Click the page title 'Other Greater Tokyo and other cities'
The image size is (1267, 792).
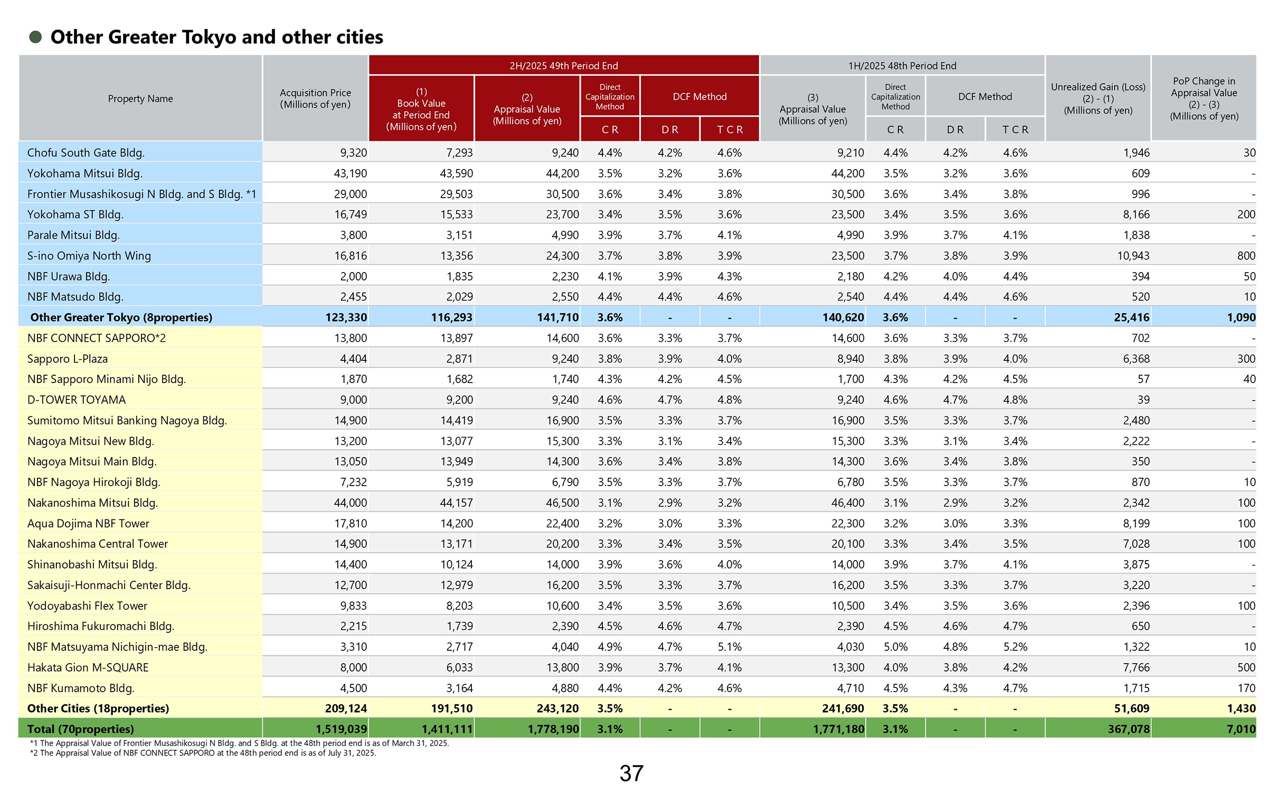tap(216, 37)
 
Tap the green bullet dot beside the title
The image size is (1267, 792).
tap(35, 37)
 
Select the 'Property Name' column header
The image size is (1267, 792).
tap(140, 99)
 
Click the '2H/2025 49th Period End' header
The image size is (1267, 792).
tap(563, 66)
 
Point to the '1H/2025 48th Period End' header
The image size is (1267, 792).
tap(902, 66)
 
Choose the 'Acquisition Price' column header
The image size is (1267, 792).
tap(315, 99)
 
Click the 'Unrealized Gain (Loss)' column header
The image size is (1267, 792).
tap(1098, 98)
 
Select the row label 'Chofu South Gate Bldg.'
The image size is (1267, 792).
tap(86, 153)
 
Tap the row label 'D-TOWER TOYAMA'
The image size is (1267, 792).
tap(77, 400)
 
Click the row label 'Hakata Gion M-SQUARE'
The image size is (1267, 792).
tap(88, 667)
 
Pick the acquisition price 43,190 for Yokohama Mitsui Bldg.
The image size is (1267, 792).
tap(350, 173)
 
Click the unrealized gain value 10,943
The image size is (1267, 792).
tap(1133, 256)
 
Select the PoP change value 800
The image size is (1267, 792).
tap(1246, 256)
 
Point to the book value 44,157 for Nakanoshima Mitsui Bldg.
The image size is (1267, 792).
tap(456, 503)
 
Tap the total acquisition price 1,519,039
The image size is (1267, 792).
tap(341, 729)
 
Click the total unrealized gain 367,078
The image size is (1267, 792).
tap(1128, 729)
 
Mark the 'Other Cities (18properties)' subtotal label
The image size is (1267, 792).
tap(98, 709)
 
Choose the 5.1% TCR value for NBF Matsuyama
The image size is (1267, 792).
tap(730, 647)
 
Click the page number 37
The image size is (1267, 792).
tap(631, 774)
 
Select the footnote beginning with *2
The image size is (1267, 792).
tap(203, 753)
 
